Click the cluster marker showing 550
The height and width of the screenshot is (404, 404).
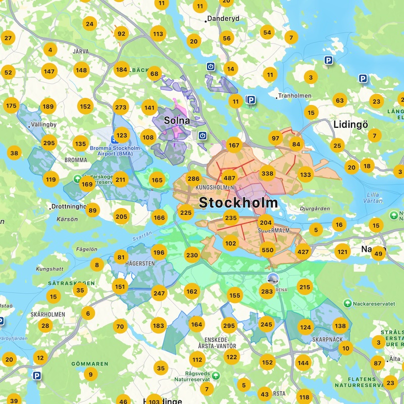tap(268, 249)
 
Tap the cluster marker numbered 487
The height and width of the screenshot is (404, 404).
tap(230, 178)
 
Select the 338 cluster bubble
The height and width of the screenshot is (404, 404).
tap(268, 174)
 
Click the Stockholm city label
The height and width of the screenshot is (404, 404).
tap(238, 203)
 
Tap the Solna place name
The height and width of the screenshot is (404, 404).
tap(177, 121)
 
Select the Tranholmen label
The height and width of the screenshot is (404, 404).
tap(293, 96)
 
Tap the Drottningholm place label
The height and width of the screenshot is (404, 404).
tap(71, 207)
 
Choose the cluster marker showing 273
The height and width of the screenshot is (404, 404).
tap(121, 107)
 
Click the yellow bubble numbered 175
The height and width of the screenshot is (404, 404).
tap(11, 106)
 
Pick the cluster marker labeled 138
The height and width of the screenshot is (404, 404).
tap(340, 326)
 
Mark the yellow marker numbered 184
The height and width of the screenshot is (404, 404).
tap(121, 70)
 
